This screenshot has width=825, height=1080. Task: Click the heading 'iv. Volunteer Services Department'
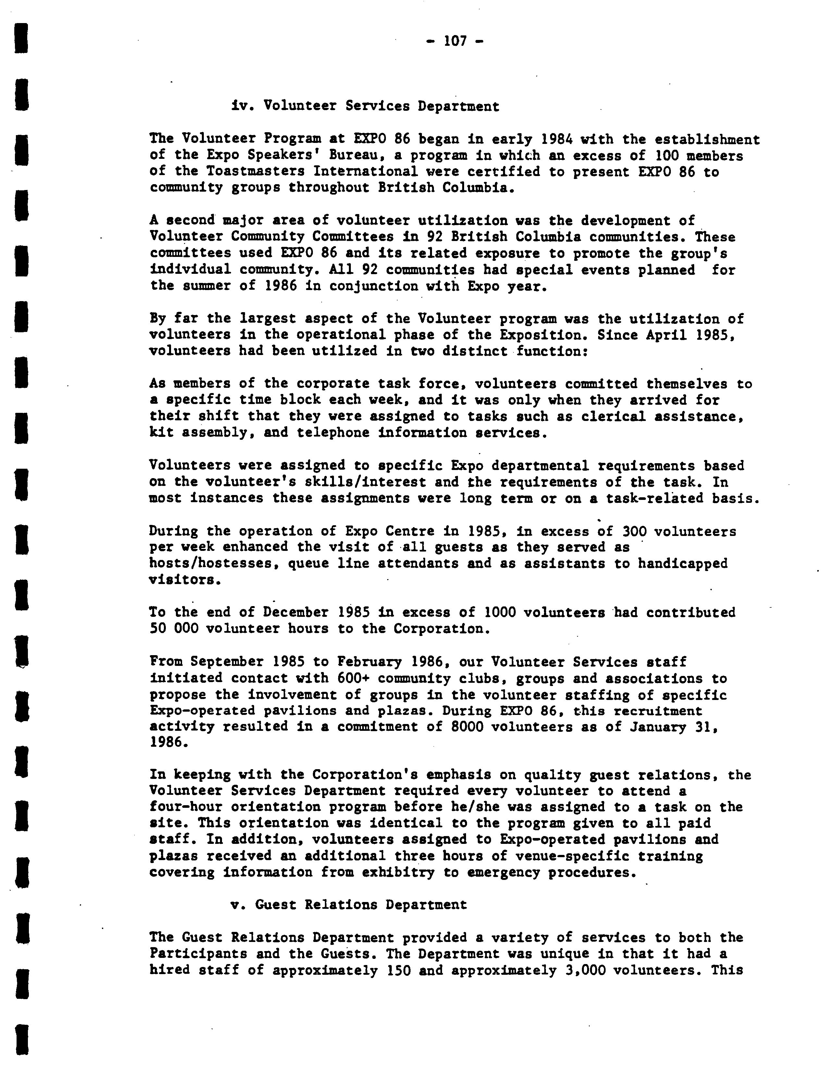(x=365, y=106)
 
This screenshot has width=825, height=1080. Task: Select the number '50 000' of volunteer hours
(x=174, y=629)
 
